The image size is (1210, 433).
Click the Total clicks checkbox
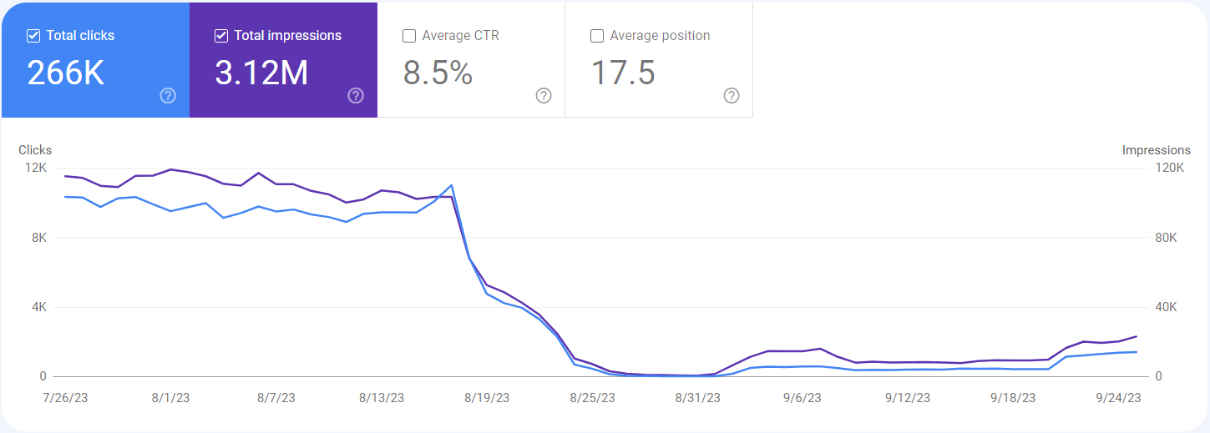tap(33, 36)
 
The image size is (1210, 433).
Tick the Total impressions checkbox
tap(221, 36)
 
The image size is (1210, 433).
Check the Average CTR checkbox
tap(409, 36)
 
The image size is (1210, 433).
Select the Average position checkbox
tap(597, 36)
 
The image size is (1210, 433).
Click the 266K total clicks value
tap(66, 73)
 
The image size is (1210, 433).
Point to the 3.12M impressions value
tap(261, 73)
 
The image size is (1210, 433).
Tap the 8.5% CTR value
tap(438, 73)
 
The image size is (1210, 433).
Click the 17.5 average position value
tap(623, 73)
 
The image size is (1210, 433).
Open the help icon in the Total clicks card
tap(168, 96)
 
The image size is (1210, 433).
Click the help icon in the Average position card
tap(732, 96)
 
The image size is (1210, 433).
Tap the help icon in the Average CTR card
tap(544, 96)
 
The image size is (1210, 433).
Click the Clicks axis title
tap(35, 150)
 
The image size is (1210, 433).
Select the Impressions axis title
tap(1156, 150)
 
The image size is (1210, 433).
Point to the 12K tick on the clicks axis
tap(35, 168)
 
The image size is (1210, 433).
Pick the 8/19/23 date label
tap(487, 398)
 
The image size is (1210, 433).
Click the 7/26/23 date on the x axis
tap(65, 398)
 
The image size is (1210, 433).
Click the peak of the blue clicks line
tap(451, 185)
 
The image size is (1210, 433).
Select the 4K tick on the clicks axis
tap(38, 307)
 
